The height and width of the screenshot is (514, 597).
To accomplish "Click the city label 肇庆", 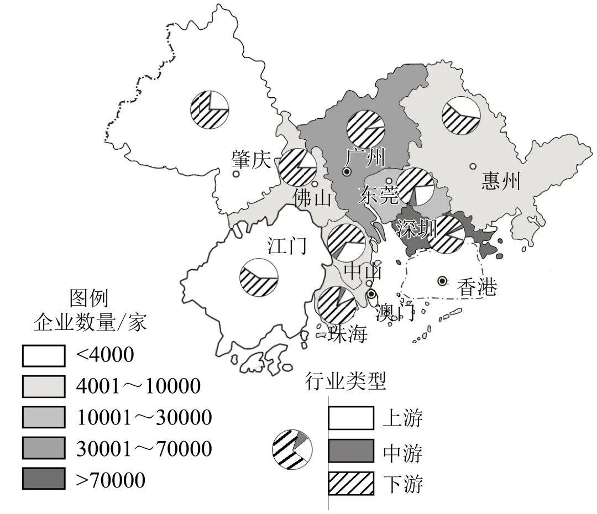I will (252, 160).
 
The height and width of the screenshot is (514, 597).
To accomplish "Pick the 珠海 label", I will (347, 334).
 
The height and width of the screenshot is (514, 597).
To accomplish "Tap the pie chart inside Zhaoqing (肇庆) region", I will (210, 109).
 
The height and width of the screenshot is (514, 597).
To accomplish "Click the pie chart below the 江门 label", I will (258, 276).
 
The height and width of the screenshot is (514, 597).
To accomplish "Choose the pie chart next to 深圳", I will (446, 234).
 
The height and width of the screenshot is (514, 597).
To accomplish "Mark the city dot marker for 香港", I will (442, 281).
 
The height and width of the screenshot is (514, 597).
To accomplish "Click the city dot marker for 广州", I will (347, 172).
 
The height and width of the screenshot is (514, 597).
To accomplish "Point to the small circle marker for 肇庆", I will (236, 174).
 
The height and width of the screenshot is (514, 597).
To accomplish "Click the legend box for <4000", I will (44, 355).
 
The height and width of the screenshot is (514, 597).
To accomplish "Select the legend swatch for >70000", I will (44, 479).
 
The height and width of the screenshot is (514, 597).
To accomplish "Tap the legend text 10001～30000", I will (144, 417).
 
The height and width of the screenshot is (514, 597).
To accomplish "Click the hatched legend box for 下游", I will (351, 483).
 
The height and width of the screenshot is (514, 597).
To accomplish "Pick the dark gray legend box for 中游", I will (351, 452).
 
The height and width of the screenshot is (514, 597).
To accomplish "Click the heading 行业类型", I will (345, 381).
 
